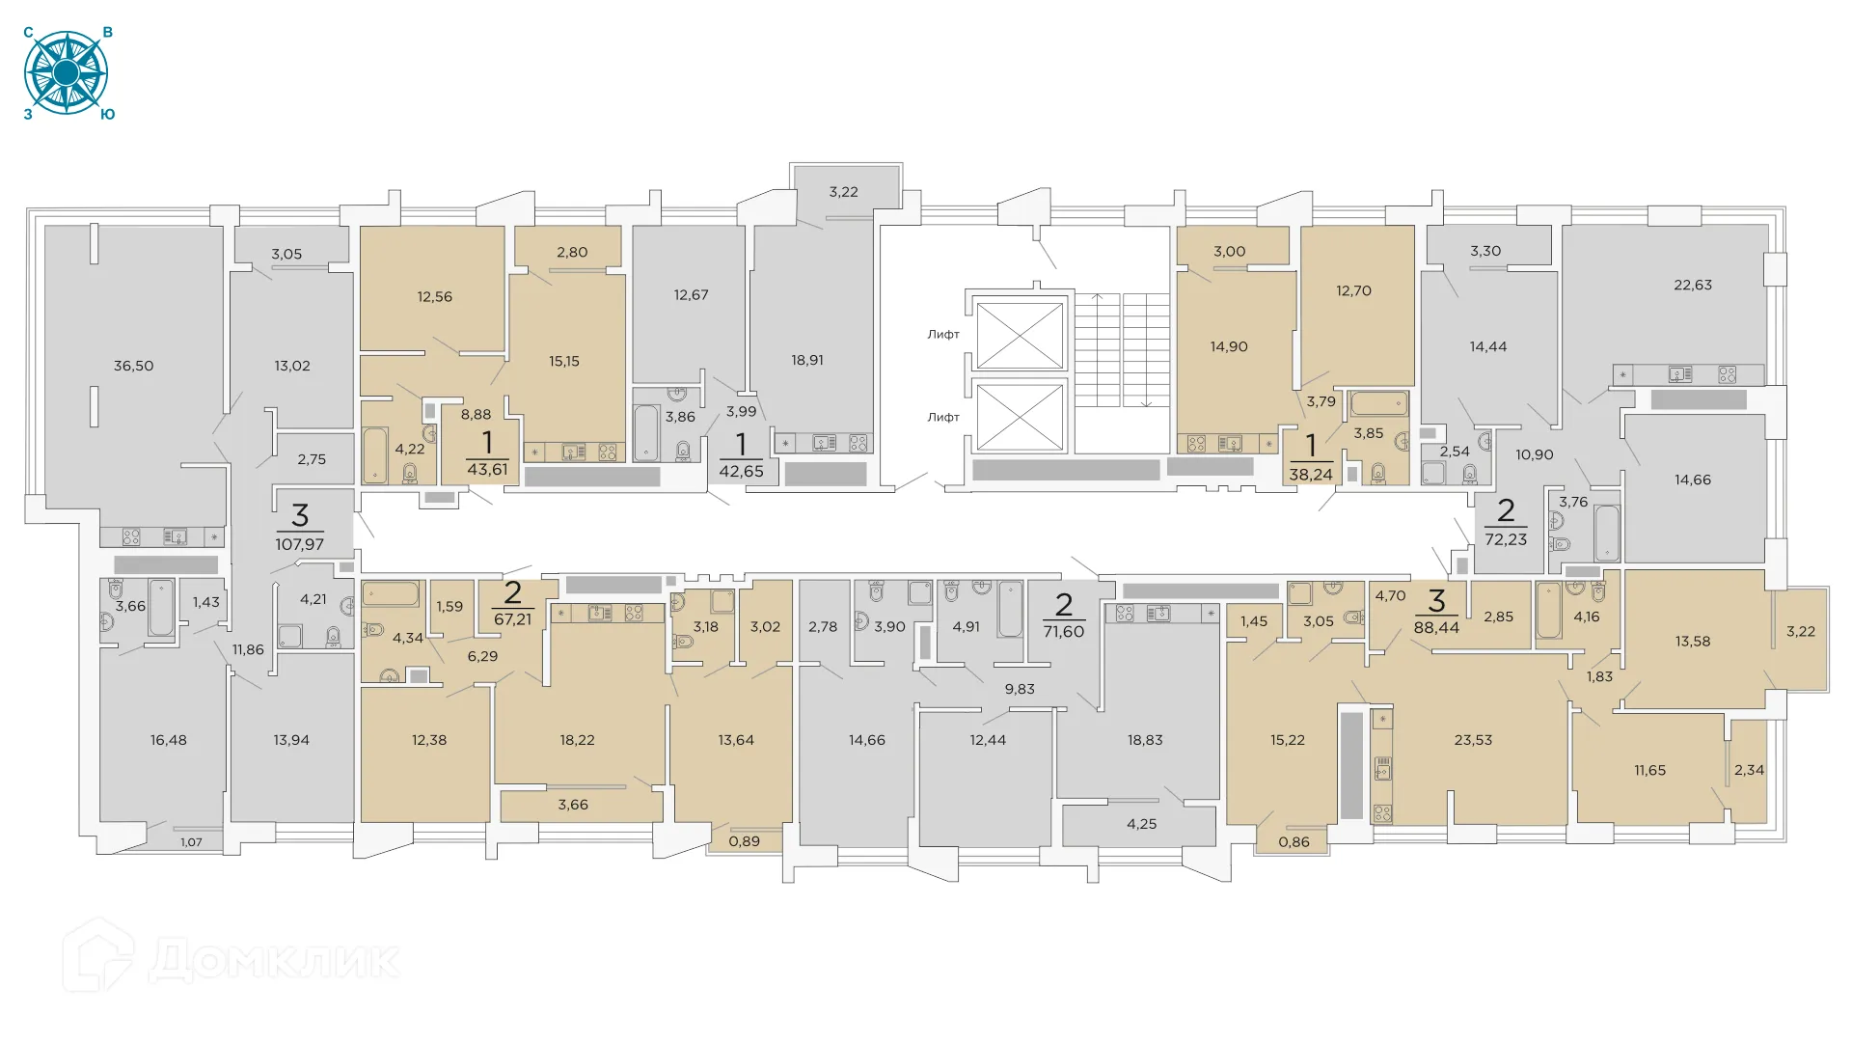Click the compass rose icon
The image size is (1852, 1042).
[66, 73]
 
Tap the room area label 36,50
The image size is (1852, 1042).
[133, 366]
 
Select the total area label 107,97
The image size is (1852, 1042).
[299, 544]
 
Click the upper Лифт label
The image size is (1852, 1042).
[943, 334]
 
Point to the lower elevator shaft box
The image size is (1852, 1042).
[1020, 416]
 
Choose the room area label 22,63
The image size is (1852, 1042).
[1693, 285]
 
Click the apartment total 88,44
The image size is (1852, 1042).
[1436, 627]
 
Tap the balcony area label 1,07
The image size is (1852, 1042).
[191, 842]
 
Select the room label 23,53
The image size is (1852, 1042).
[1473, 740]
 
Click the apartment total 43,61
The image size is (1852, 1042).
[487, 470]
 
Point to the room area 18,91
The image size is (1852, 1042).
[807, 360]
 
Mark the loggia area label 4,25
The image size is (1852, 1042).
[1141, 824]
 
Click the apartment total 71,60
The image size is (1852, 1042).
[1063, 631]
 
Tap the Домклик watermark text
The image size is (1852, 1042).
[274, 960]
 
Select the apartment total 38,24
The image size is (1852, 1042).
[1310, 474]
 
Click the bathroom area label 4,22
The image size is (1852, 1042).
[410, 449]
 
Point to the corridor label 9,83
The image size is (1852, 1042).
[1020, 689]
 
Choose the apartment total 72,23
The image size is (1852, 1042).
[1506, 539]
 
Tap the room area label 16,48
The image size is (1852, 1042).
[169, 740]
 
